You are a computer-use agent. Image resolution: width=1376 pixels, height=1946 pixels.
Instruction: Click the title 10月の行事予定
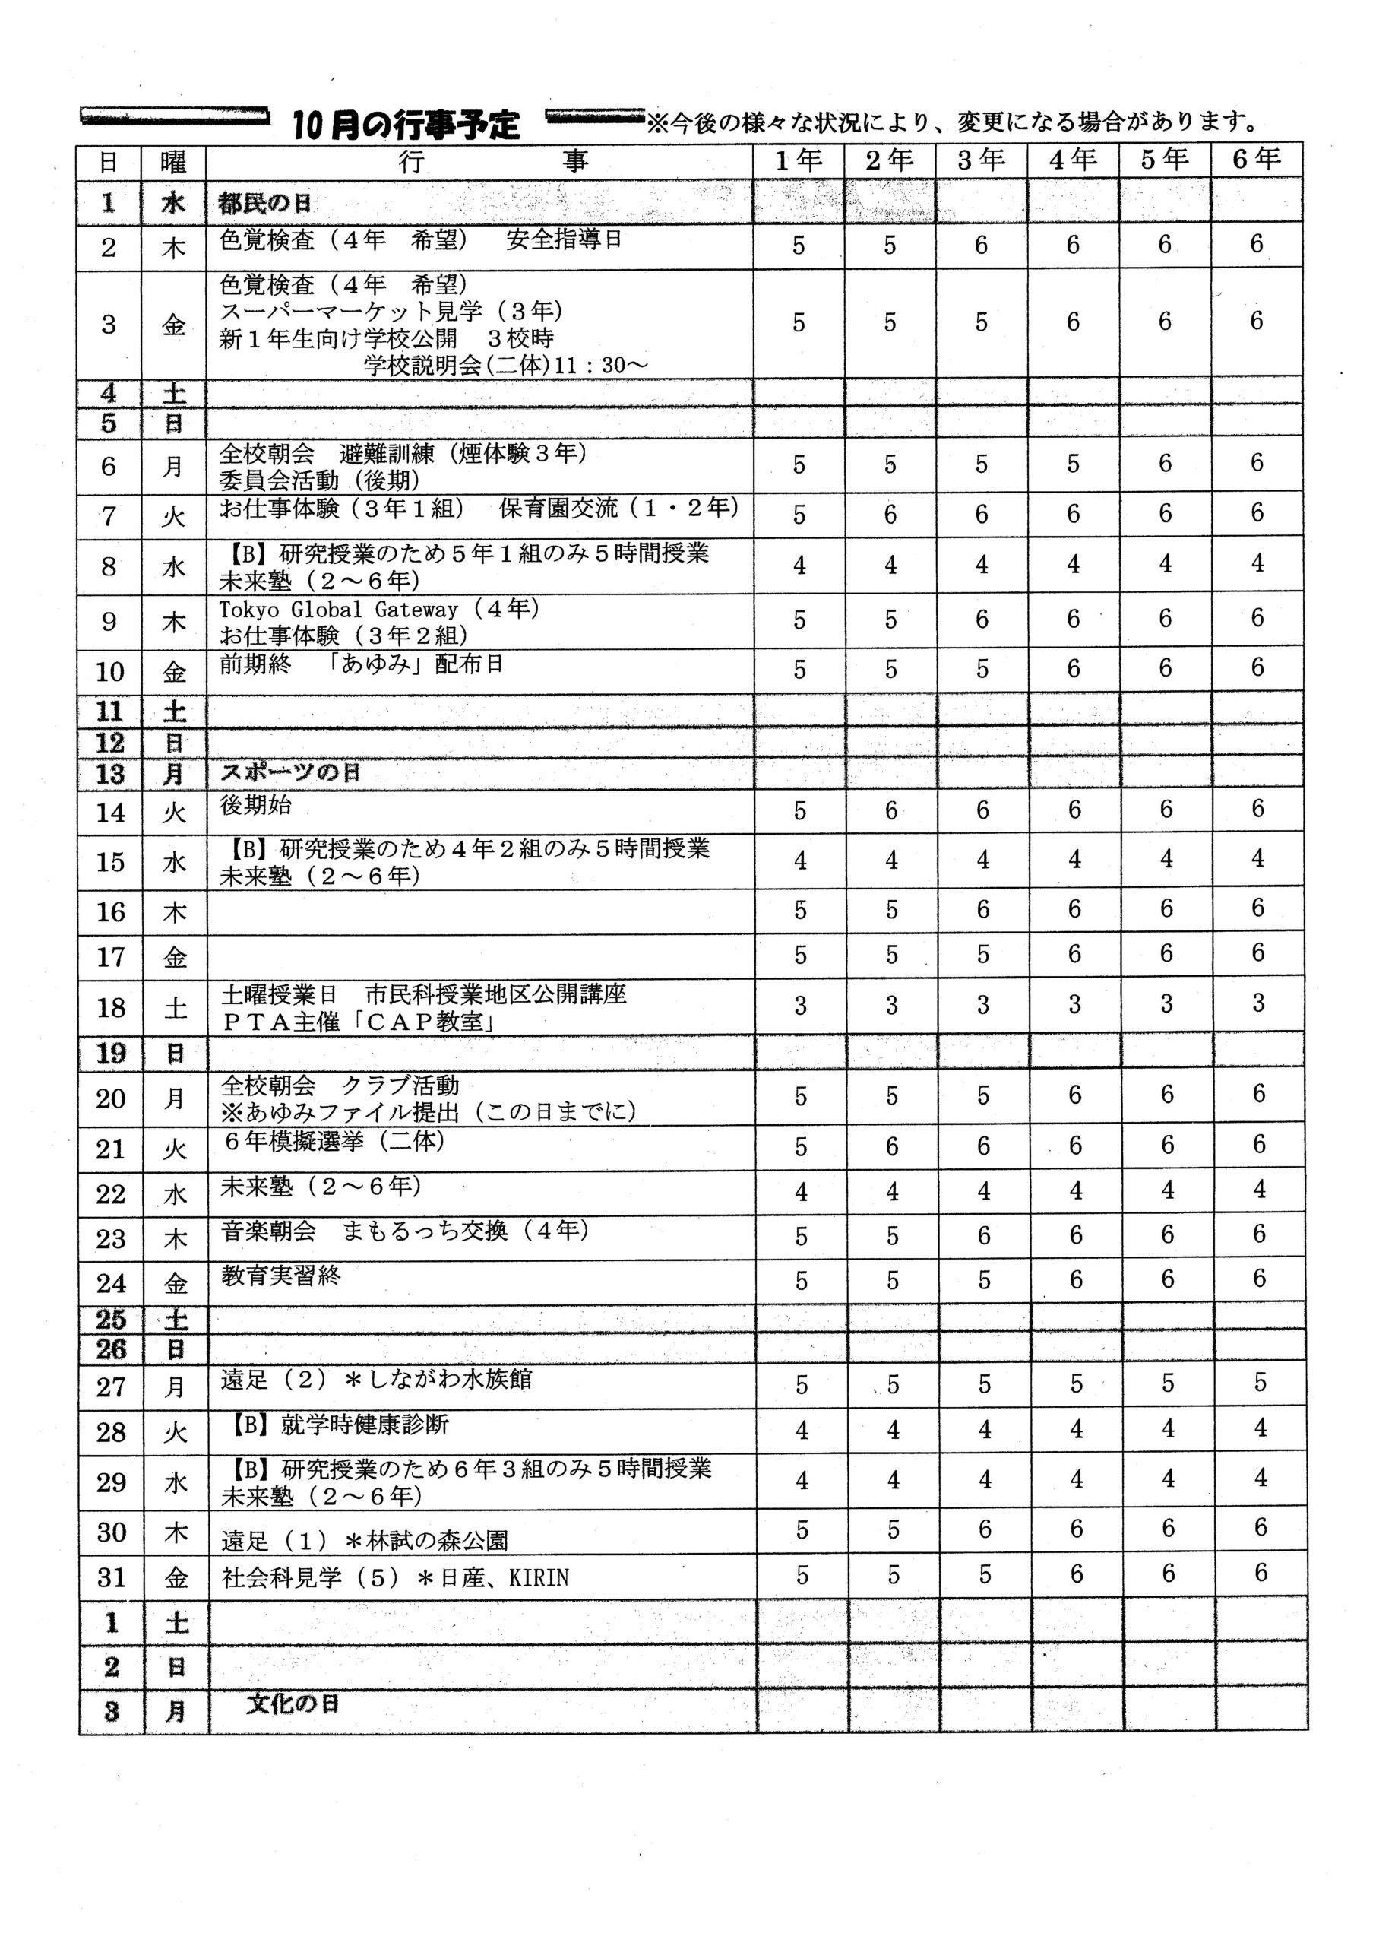[406, 125]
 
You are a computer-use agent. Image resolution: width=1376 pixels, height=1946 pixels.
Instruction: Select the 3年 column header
[981, 160]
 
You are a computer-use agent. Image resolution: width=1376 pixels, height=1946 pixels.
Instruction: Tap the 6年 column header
[1257, 159]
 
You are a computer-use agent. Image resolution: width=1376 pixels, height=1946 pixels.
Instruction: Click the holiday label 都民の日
[264, 204]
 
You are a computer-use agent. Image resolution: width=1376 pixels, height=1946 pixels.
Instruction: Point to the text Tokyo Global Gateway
[338, 610]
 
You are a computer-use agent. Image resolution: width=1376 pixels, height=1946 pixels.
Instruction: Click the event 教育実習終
[280, 1275]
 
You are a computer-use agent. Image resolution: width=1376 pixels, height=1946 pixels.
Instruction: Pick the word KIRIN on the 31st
[539, 1578]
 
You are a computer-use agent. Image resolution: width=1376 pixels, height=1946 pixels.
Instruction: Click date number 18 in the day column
[110, 1008]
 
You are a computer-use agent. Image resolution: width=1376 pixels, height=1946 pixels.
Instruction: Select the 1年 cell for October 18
[800, 1006]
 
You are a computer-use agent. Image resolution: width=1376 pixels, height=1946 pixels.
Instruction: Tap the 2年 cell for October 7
[890, 515]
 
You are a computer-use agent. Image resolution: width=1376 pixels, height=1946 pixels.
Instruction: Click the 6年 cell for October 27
[1260, 1383]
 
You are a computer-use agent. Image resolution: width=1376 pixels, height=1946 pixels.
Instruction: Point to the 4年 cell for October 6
[1074, 464]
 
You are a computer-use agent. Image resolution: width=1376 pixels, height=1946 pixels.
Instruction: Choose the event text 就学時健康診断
[365, 1425]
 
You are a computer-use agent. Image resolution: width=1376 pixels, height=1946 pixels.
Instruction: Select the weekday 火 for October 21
[175, 1149]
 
